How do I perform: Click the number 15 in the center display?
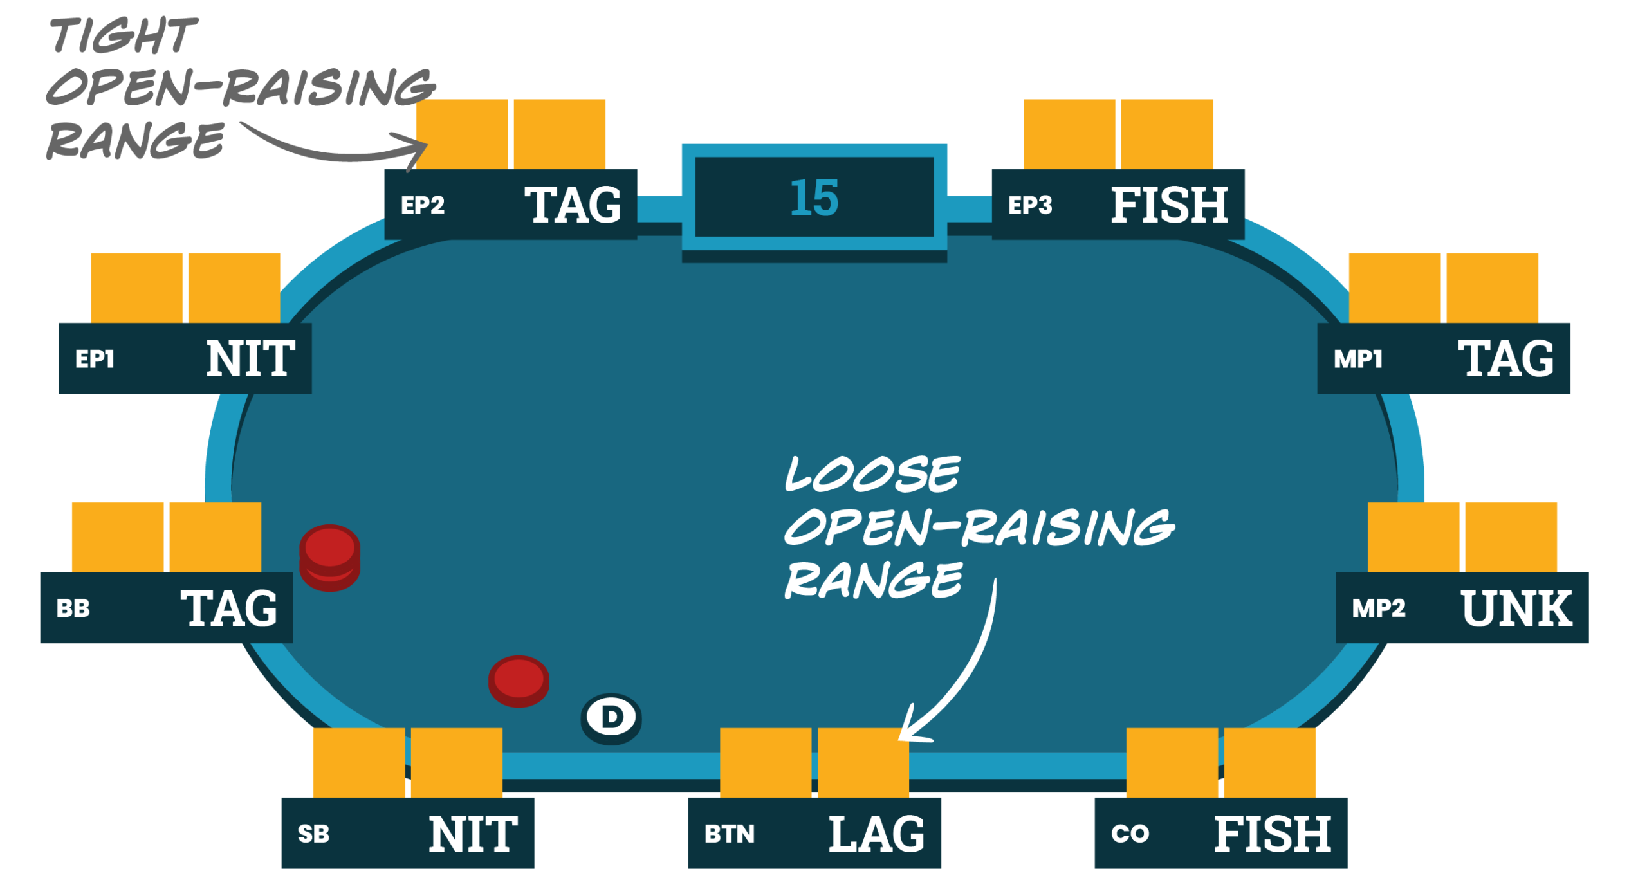(814, 197)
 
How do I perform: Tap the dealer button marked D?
(611, 717)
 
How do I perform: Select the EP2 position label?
(423, 205)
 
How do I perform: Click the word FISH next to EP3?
(1169, 205)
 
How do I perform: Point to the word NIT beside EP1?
(250, 359)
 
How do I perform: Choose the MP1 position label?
(1357, 359)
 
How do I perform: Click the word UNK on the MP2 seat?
(1516, 608)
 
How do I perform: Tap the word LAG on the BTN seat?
(876, 834)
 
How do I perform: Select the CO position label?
(1130, 834)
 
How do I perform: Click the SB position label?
(313, 834)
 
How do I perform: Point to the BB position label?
(73, 608)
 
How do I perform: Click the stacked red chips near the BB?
(329, 558)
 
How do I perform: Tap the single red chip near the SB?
(519, 682)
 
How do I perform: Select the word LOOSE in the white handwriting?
(872, 475)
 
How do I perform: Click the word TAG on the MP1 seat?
(1505, 359)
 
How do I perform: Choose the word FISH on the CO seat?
(1272, 834)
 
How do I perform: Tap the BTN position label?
(729, 834)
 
